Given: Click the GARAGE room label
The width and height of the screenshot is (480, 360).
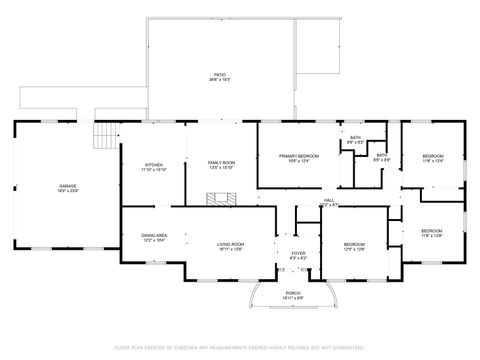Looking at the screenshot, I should click(x=68, y=186).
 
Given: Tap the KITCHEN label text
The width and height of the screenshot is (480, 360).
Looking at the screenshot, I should click(x=154, y=164).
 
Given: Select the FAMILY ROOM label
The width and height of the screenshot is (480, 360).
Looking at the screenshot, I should click(x=221, y=162).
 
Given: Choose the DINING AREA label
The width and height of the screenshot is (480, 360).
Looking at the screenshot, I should click(x=153, y=235).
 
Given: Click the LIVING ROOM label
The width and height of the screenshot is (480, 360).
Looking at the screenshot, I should click(x=231, y=244).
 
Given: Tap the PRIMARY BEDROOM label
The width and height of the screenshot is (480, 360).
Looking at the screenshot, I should click(x=299, y=156).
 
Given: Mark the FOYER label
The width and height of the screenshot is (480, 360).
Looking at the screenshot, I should click(x=297, y=253).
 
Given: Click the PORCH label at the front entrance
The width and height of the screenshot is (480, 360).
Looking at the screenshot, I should click(x=293, y=293).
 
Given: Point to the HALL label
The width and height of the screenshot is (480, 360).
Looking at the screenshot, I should click(x=329, y=200).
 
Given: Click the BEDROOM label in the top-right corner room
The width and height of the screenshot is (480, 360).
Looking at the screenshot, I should click(x=432, y=156).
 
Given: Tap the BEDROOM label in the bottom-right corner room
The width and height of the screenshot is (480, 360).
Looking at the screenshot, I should click(x=432, y=230).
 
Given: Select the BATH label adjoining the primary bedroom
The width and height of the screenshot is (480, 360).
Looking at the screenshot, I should click(x=355, y=137).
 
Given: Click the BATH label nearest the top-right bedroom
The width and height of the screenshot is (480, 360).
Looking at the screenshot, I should click(x=381, y=155).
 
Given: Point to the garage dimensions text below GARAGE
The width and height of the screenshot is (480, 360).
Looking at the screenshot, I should click(x=68, y=192).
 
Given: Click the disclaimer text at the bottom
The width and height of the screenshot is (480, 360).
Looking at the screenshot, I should click(x=240, y=347).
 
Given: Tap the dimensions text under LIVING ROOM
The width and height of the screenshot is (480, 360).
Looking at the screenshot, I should click(x=231, y=250).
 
